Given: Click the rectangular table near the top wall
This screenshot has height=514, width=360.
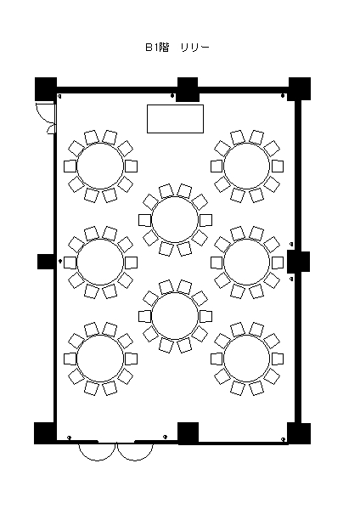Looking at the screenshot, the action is click(175, 119).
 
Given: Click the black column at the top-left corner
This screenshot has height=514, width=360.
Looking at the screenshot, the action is click(46, 89).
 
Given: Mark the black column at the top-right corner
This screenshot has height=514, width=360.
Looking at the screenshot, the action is click(299, 89).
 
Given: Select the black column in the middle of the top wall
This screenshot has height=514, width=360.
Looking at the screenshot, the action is click(188, 89).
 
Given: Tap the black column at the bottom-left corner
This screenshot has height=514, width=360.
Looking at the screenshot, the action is click(45, 433).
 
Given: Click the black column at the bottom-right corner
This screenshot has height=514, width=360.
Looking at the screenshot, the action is click(299, 433).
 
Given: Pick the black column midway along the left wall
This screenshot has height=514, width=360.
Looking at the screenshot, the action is click(47, 262).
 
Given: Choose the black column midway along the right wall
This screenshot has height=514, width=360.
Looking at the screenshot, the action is click(298, 262).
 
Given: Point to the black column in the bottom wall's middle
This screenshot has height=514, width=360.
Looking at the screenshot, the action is click(188, 433).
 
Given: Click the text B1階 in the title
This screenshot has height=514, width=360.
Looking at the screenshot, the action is click(157, 48).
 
